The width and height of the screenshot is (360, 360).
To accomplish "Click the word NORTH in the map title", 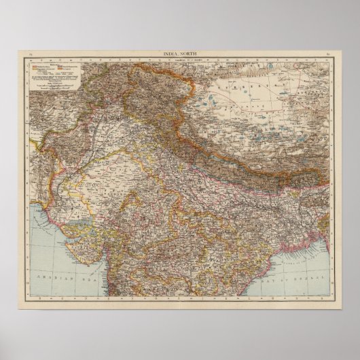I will pos(187,54).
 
